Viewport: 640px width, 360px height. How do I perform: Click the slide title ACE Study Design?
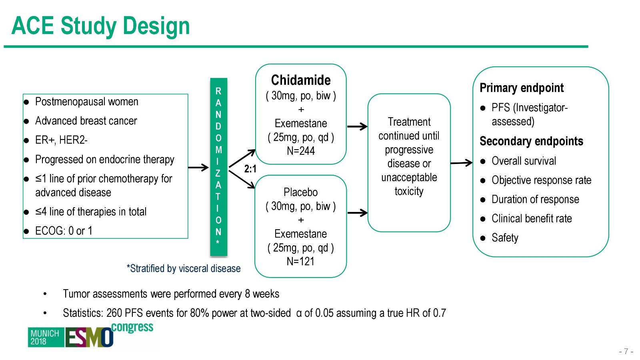point(100,26)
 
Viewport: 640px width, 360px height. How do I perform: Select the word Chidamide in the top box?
point(301,80)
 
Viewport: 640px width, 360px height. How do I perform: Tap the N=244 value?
point(301,151)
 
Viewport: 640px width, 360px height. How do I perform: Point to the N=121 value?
point(300,262)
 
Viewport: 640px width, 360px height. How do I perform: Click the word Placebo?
point(300,192)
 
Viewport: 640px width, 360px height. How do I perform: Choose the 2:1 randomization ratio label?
point(250,169)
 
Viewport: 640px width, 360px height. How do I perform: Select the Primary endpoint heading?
point(522,88)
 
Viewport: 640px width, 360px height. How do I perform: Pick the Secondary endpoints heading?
point(531,141)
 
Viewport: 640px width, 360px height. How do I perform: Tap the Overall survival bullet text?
point(524,161)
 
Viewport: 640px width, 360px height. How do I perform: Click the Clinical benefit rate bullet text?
point(532,219)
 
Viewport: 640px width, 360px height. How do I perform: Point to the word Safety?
point(505,238)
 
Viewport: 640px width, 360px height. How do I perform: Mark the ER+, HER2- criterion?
point(61,140)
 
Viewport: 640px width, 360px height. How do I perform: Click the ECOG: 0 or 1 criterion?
point(64,231)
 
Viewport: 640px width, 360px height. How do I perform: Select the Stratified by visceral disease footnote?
point(184,268)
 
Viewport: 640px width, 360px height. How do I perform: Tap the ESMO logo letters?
point(89,337)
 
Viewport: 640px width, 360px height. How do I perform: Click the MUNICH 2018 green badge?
point(45,337)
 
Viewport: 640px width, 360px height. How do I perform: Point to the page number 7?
point(626,352)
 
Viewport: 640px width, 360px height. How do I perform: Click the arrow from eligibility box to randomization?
point(198,168)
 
